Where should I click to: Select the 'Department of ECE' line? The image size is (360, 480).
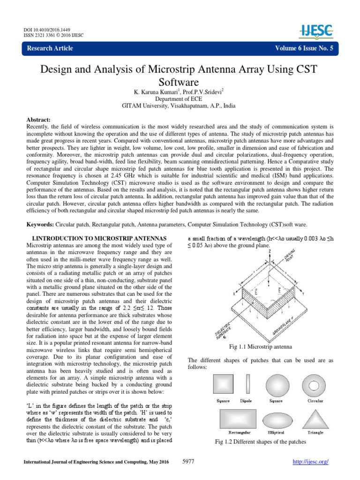tap(180, 100)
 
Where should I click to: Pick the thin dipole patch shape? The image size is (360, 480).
tap(247, 386)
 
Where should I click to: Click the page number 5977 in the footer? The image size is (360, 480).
tap(187, 462)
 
